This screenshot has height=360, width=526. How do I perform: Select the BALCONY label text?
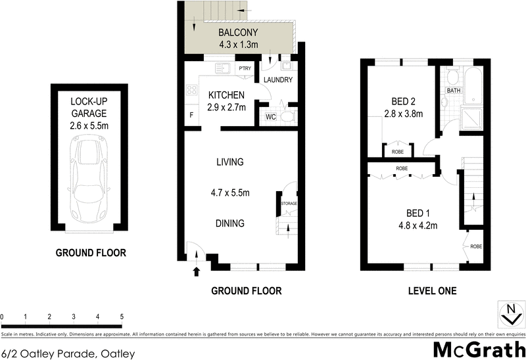coord(239,34)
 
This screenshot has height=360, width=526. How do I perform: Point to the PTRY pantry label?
coord(245,68)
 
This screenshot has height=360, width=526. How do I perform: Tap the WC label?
coord(270,118)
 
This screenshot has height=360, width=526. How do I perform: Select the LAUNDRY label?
coord(277,80)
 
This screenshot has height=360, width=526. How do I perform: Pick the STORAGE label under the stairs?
coord(289,204)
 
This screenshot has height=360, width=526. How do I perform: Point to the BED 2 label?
coord(402,102)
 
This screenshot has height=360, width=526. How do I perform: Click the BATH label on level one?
coord(454,90)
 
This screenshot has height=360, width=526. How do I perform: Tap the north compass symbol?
coord(510,314)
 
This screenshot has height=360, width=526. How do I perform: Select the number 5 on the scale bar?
coord(122,317)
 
